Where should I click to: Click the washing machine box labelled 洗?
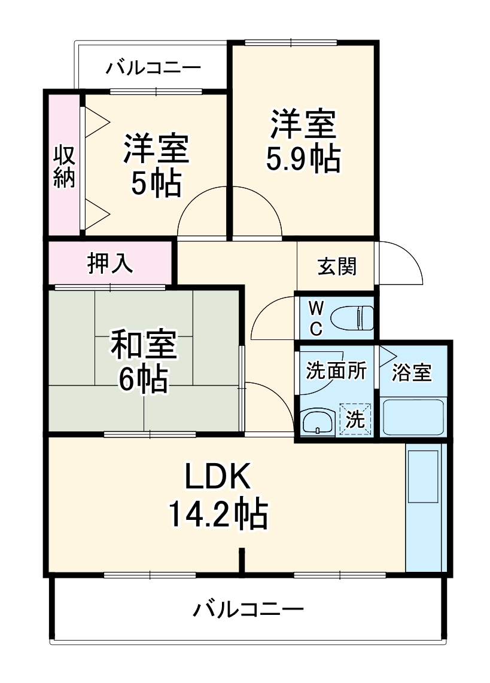pos(355,419)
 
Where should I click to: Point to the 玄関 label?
pos(337,267)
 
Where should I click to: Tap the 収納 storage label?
pos(65,167)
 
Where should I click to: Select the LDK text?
pos(217,477)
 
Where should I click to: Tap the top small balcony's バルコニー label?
pos(154,68)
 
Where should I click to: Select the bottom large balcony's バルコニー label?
pos(248,610)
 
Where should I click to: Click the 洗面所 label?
pos(336,371)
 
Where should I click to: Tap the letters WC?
pos(316,317)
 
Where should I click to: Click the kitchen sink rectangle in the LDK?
pos(424,476)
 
